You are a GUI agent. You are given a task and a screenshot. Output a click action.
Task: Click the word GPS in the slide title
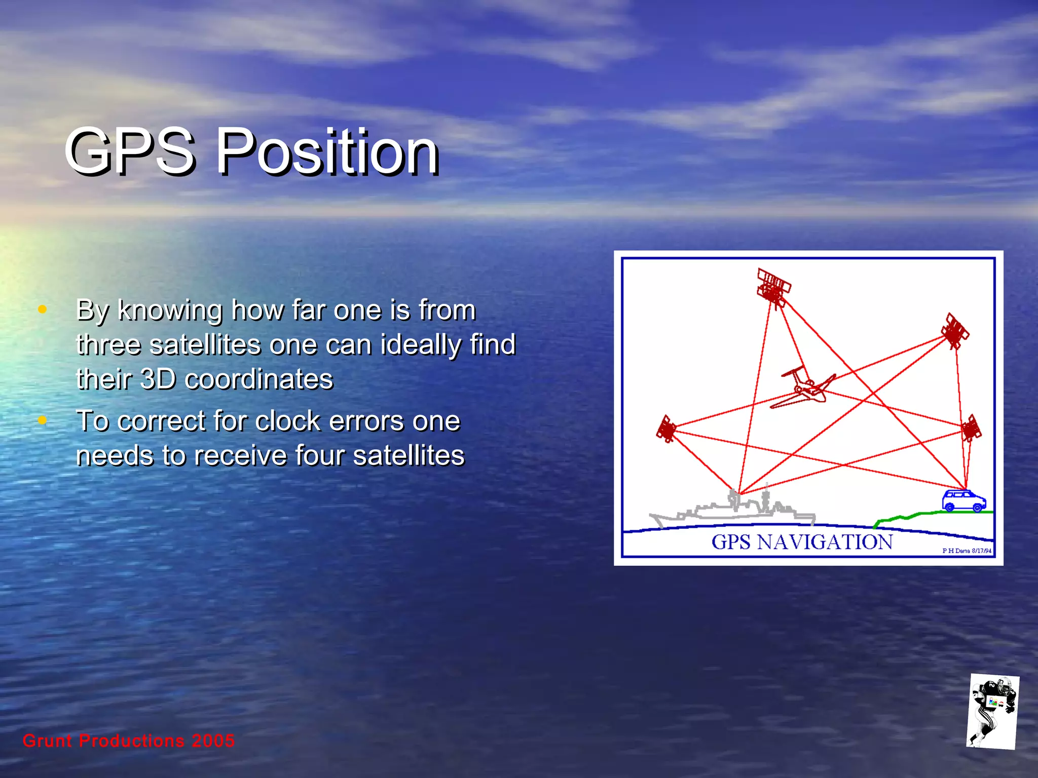point(130,151)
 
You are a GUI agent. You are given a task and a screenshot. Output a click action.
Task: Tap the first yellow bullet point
point(43,309)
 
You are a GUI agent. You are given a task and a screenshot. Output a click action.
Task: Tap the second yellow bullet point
point(43,420)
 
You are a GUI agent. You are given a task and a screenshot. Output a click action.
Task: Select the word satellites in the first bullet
point(205,345)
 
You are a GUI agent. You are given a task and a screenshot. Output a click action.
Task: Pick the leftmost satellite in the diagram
point(666,429)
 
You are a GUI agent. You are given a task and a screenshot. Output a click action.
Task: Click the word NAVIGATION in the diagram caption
point(825,542)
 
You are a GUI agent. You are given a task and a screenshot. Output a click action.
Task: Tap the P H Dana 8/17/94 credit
point(967,551)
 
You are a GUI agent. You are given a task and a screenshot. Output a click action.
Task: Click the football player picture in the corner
point(992,712)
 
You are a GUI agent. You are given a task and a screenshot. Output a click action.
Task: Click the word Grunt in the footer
point(47,741)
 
